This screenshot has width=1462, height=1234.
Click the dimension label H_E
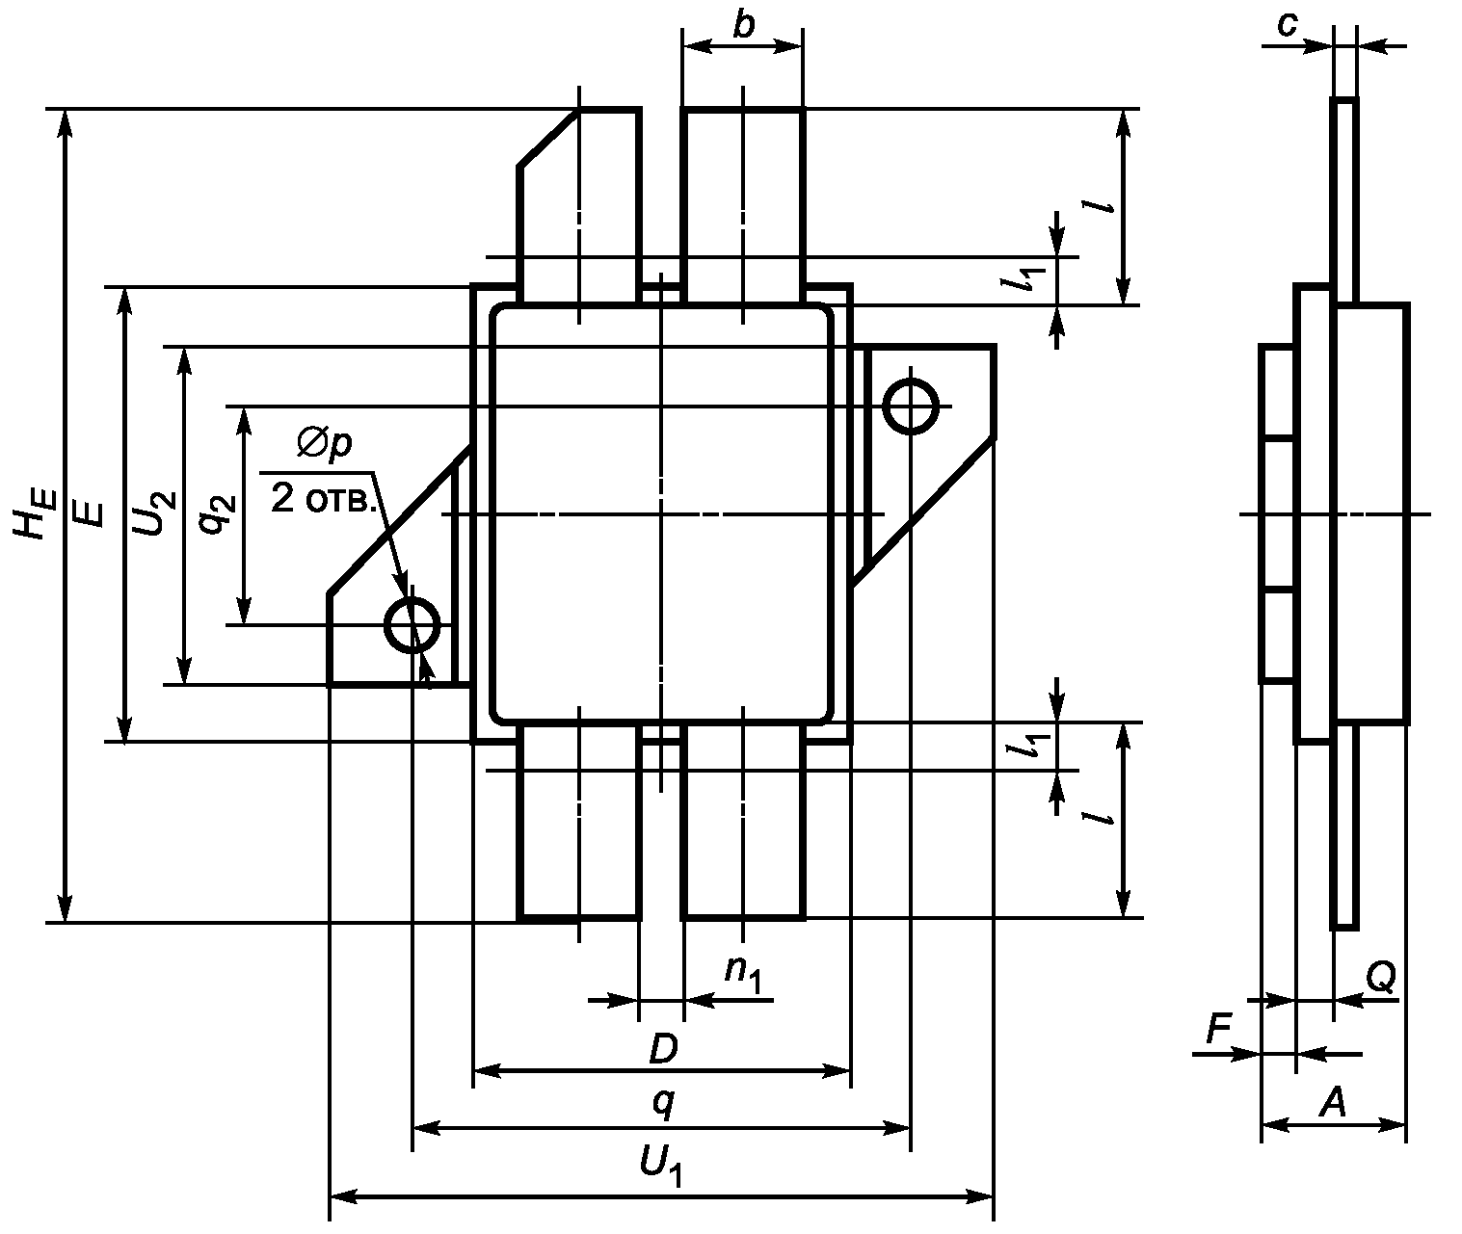(33, 513)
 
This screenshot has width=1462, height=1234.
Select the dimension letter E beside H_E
(89, 514)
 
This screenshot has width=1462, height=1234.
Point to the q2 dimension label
(216, 514)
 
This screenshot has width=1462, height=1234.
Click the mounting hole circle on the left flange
(412, 625)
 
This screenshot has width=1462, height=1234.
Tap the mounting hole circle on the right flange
(910, 407)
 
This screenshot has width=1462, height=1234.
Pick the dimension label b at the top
(744, 25)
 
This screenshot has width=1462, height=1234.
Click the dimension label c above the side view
(1287, 25)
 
